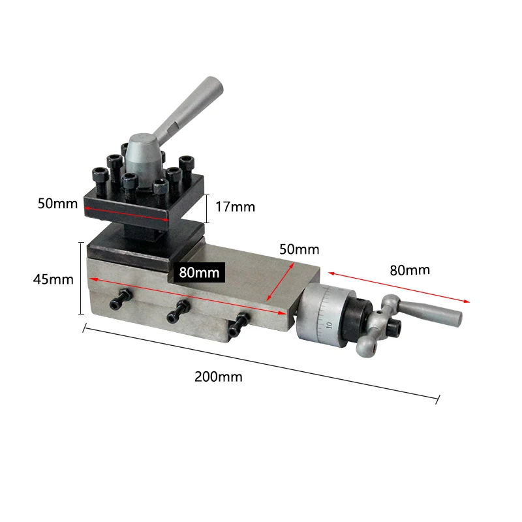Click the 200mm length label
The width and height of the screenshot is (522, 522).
click(x=218, y=376)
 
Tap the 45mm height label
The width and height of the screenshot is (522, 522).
click(x=53, y=279)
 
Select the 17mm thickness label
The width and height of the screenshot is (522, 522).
click(x=235, y=207)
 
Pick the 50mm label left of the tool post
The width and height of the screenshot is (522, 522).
click(x=57, y=203)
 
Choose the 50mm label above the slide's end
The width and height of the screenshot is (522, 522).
click(x=299, y=249)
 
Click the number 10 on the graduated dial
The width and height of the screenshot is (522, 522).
click(x=329, y=324)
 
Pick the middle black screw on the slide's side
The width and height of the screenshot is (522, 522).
click(x=178, y=311)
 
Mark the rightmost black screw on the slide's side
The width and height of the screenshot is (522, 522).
click(x=238, y=321)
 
